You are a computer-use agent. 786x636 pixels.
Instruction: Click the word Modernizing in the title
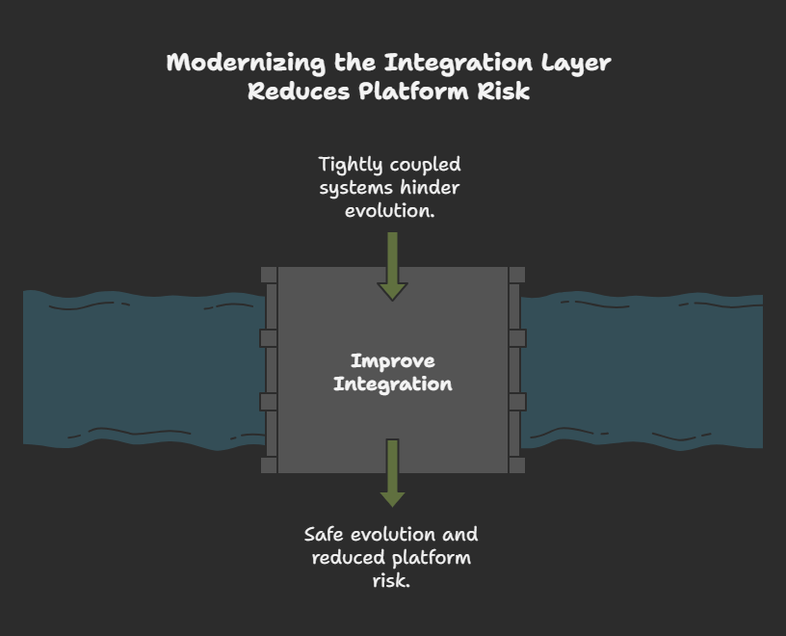click(245, 63)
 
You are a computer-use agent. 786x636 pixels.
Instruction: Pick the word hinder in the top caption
click(430, 187)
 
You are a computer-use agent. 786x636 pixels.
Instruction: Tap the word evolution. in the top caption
click(390, 209)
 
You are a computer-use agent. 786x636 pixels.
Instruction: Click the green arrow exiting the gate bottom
click(392, 473)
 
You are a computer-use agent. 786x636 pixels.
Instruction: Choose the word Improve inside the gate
click(393, 361)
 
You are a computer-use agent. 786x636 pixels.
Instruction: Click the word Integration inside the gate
click(393, 384)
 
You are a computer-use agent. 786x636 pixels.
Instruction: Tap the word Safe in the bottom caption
click(325, 535)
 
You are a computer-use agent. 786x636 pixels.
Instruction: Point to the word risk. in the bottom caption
click(391, 580)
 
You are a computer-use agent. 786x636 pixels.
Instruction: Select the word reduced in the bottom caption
click(348, 558)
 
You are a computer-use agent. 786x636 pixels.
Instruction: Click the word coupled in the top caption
click(425, 165)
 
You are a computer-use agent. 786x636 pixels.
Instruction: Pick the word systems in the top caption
click(356, 187)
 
